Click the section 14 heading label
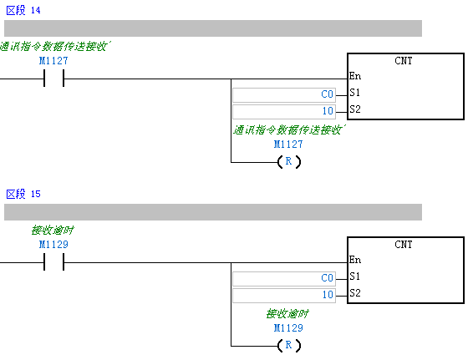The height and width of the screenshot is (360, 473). [23, 11]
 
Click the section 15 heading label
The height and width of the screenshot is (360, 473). [23, 194]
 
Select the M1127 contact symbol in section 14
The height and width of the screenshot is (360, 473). [53, 79]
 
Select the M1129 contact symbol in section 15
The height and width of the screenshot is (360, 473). [53, 262]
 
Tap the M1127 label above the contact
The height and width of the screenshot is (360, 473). [53, 61]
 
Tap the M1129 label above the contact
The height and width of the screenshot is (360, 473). [53, 245]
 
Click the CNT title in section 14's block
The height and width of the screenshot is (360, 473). [404, 61]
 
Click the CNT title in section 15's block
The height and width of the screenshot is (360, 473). [404, 245]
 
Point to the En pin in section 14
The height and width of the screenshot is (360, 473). [355, 76]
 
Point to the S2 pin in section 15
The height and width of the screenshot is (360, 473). [355, 293]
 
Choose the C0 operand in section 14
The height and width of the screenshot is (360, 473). [327, 94]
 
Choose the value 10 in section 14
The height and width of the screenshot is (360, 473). [328, 111]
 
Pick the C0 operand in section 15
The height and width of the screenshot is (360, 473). [327, 278]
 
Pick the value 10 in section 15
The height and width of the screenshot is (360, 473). [328, 295]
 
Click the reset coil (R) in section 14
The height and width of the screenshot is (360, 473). [289, 162]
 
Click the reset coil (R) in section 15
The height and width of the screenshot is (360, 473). [289, 346]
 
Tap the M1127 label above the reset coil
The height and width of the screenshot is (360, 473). [288, 145]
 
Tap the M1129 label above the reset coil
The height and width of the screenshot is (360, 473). [288, 328]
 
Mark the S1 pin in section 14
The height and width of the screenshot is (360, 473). [354, 93]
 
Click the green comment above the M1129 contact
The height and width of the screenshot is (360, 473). [53, 231]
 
